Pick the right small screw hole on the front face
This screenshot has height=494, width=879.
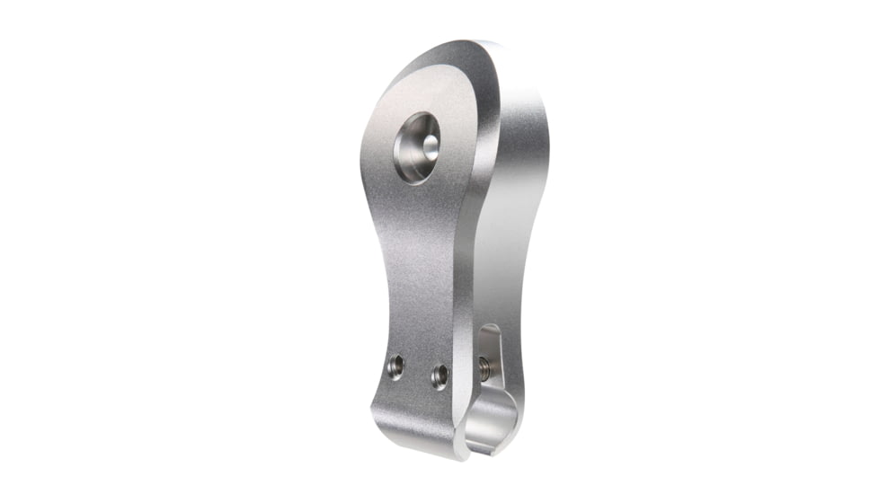(x=439, y=375)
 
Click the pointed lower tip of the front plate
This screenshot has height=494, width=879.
(x=458, y=454)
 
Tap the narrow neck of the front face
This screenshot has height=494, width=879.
(x=418, y=269)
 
